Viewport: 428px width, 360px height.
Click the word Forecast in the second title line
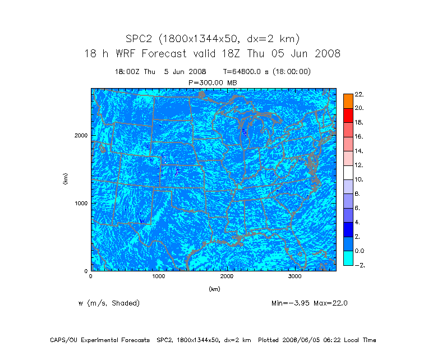click(168, 54)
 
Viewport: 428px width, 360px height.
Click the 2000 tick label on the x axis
click(227, 277)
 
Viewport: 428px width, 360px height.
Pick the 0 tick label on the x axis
click(91, 277)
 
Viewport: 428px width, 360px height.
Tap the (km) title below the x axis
click(214, 289)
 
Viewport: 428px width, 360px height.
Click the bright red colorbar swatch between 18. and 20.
click(348, 115)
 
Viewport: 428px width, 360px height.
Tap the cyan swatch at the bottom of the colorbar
click(348, 258)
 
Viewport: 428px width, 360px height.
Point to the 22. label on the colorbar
click(359, 94)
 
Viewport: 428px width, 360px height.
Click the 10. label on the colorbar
click(359, 180)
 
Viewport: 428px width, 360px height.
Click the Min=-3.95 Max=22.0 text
click(309, 303)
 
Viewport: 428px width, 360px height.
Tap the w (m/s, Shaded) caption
click(109, 303)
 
